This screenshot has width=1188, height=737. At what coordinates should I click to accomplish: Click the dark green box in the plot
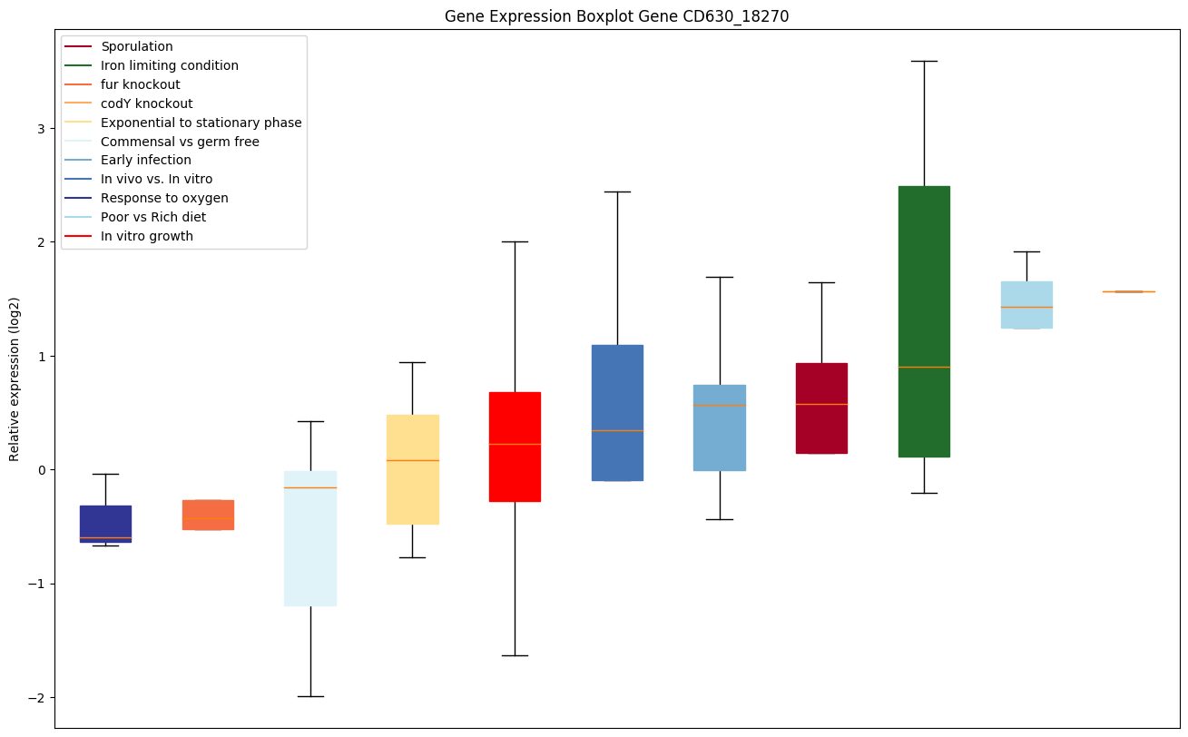click(x=924, y=321)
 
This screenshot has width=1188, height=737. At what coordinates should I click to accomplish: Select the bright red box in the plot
click(x=515, y=447)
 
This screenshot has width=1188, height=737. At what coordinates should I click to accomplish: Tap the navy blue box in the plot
click(x=105, y=524)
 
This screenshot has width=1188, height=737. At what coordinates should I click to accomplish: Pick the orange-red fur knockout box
click(x=208, y=515)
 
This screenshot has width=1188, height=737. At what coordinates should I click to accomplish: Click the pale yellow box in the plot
click(x=412, y=469)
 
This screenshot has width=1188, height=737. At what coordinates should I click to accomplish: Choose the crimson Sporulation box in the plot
click(x=821, y=408)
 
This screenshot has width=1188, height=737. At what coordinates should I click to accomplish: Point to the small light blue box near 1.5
click(x=1026, y=304)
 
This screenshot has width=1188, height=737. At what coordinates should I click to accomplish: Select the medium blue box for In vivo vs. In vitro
click(x=617, y=413)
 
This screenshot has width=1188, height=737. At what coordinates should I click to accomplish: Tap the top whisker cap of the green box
click(x=924, y=61)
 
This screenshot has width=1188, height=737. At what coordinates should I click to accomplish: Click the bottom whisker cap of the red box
click(x=515, y=655)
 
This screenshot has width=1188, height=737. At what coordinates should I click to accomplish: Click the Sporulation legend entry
click(x=137, y=46)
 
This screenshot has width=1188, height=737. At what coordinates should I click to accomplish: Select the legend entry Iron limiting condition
click(x=170, y=65)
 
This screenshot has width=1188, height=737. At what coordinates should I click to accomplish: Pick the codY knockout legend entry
click(x=147, y=103)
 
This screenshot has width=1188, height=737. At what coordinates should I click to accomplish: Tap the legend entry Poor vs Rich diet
click(x=153, y=217)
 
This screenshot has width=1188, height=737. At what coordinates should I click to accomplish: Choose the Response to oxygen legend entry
click(x=164, y=198)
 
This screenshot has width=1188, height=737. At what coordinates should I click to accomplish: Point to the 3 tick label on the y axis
click(x=41, y=129)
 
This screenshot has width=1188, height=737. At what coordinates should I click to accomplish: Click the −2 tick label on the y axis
click(x=36, y=697)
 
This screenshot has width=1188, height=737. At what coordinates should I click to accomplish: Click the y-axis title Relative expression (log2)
click(x=15, y=378)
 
